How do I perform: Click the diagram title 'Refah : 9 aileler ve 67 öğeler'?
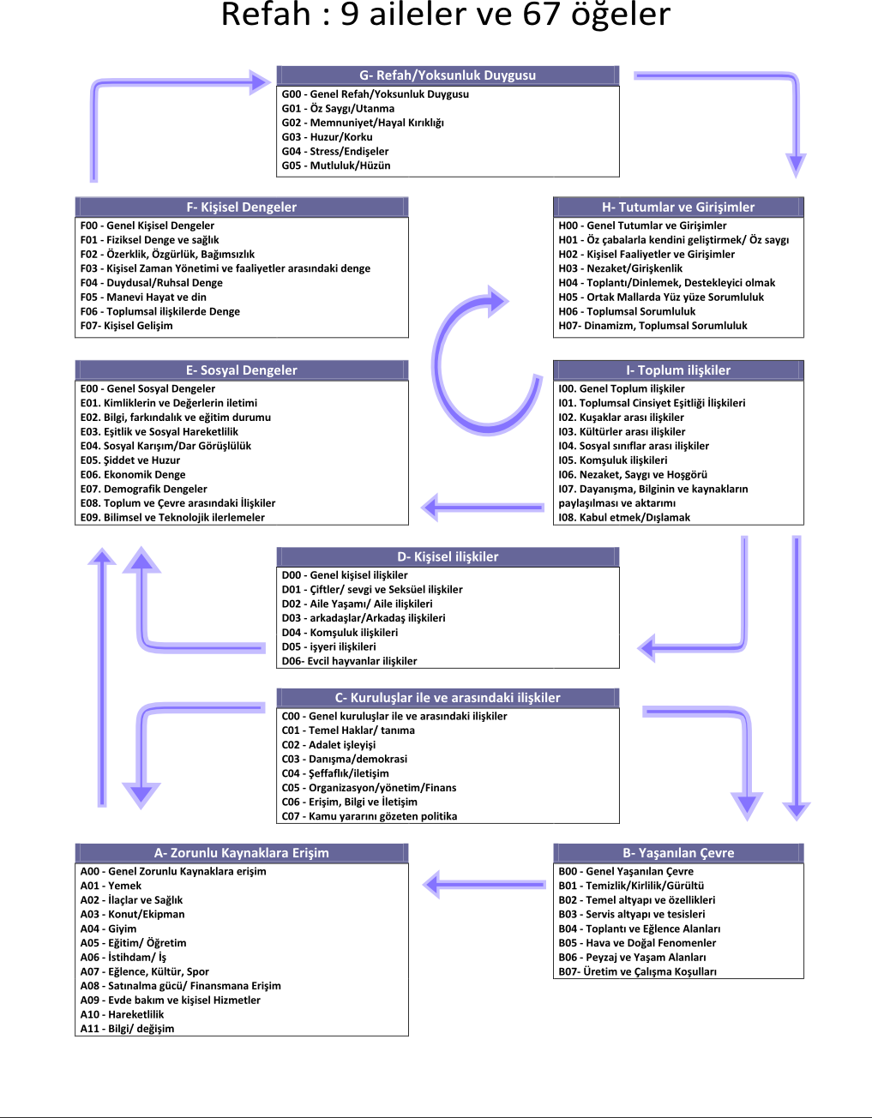tap(446, 15)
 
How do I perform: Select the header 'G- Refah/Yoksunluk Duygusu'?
tap(448, 75)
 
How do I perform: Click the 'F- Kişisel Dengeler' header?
tap(242, 207)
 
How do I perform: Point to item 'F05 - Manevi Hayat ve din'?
tap(144, 298)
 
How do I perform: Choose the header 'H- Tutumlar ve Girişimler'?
tap(678, 207)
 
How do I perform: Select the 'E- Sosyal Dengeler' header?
tap(242, 370)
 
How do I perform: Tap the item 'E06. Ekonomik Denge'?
tap(133, 475)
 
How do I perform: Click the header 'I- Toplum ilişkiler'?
tap(678, 370)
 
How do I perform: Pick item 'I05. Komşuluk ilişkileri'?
tap(613, 460)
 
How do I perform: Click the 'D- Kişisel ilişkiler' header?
tap(448, 556)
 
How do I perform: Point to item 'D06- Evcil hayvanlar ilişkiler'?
tap(350, 662)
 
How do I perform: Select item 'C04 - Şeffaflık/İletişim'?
tap(335, 773)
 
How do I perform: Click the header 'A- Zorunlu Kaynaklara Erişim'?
tap(242, 853)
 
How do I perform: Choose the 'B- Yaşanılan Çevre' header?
tap(678, 853)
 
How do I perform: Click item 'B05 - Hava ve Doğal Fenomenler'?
tap(638, 943)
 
